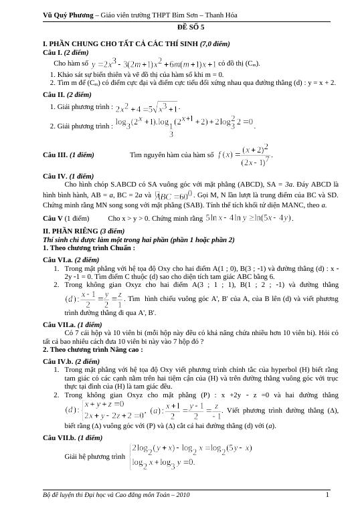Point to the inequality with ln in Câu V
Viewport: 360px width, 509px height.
tap(249, 218)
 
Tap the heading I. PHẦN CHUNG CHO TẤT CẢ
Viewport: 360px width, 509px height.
tap(136, 43)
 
